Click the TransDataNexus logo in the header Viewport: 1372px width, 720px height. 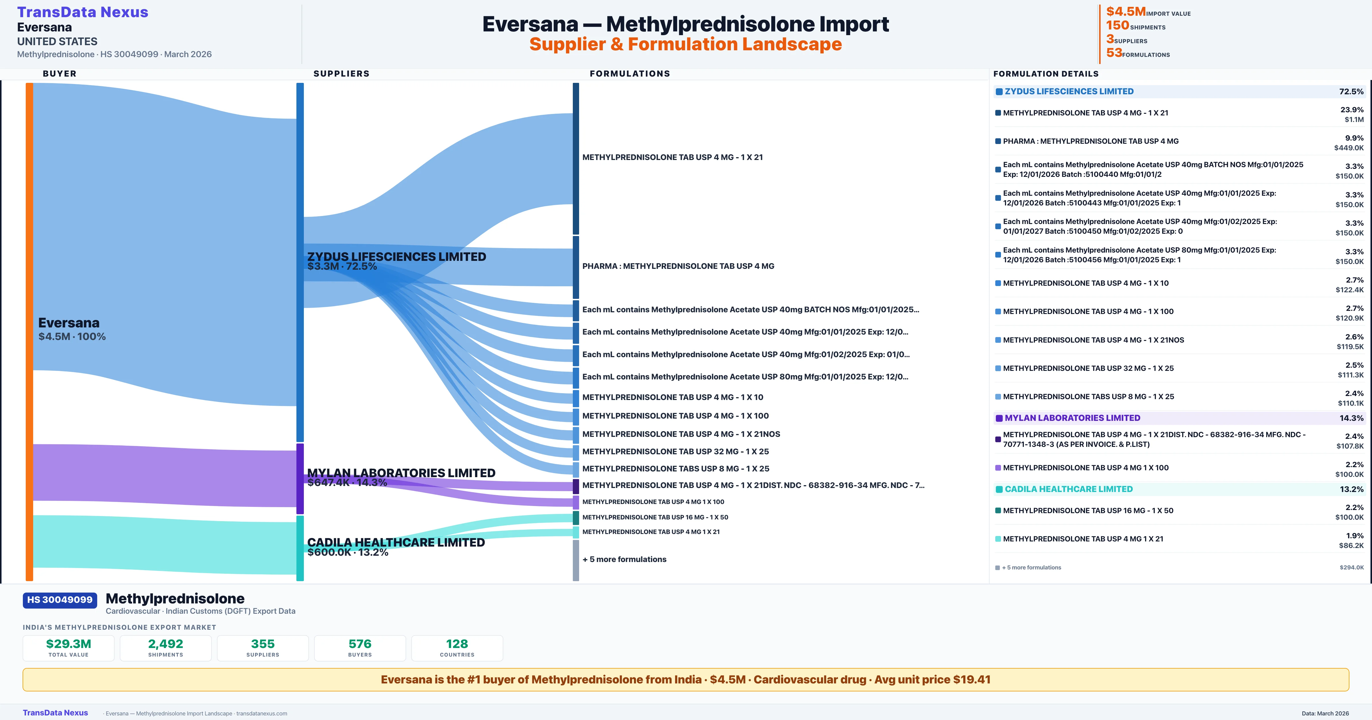coord(83,12)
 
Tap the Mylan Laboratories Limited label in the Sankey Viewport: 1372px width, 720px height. coord(401,473)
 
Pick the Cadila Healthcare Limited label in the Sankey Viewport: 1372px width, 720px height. coord(396,542)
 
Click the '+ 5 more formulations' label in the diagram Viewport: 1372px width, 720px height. coord(624,559)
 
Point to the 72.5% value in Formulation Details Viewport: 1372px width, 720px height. coord(1351,92)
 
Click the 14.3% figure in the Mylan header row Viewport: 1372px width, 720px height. coord(1351,418)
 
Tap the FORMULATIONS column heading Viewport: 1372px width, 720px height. coord(629,73)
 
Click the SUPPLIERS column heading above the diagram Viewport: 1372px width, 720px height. coord(341,73)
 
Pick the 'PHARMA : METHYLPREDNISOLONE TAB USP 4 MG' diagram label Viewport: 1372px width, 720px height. coord(678,266)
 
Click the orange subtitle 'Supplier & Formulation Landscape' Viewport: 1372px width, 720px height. coord(685,44)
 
